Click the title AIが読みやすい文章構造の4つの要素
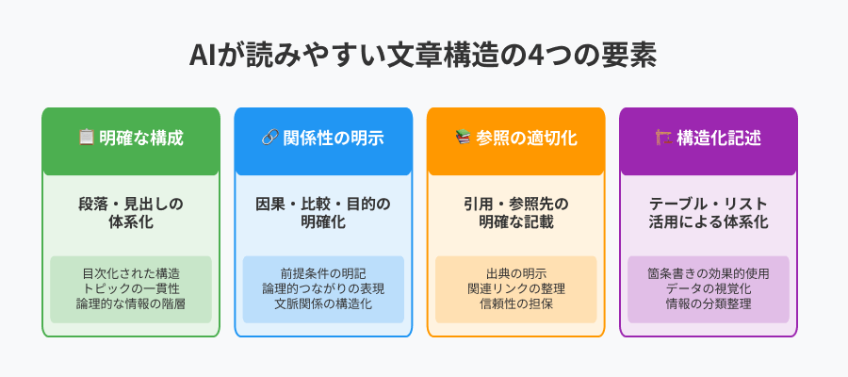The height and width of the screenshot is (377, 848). [x=423, y=56]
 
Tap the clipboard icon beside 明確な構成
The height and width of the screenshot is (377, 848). [x=87, y=138]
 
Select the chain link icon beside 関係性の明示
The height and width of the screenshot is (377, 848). [x=269, y=138]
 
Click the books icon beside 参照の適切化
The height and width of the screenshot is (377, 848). [x=463, y=138]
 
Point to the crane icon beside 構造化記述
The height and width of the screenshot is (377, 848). [x=663, y=138]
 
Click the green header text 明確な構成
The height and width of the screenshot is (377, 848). [x=141, y=138]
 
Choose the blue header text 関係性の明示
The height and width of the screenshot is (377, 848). [x=334, y=138]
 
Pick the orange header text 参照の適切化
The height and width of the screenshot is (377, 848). [x=527, y=138]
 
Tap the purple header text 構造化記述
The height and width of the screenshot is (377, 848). [x=719, y=138]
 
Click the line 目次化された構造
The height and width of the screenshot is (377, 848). [x=131, y=273]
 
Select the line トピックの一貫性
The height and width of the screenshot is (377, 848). [x=131, y=288]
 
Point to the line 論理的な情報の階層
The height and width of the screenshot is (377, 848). [x=131, y=304]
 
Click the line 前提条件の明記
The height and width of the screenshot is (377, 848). [x=323, y=273]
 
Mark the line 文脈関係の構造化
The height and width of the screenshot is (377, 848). [x=323, y=304]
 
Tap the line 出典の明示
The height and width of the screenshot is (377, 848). [x=516, y=273]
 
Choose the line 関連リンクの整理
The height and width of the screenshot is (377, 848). [x=516, y=288]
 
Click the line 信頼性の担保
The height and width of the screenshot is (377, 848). [x=516, y=304]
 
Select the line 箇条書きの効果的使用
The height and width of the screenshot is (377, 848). [x=709, y=273]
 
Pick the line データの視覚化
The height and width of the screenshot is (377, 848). [x=709, y=288]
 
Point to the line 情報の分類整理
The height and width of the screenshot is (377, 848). [x=709, y=304]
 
